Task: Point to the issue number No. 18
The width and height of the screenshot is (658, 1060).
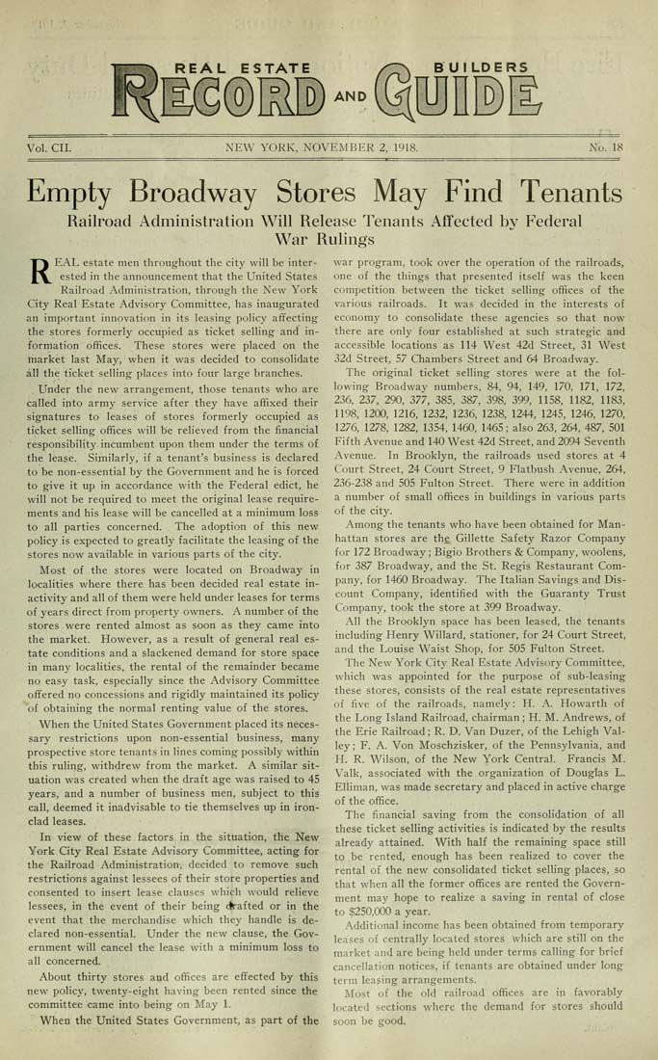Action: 606,148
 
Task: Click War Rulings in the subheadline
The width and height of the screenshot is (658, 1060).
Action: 329,238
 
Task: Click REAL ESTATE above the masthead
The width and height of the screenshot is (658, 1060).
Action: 241,67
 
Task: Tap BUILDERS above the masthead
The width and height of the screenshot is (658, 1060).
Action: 481,67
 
